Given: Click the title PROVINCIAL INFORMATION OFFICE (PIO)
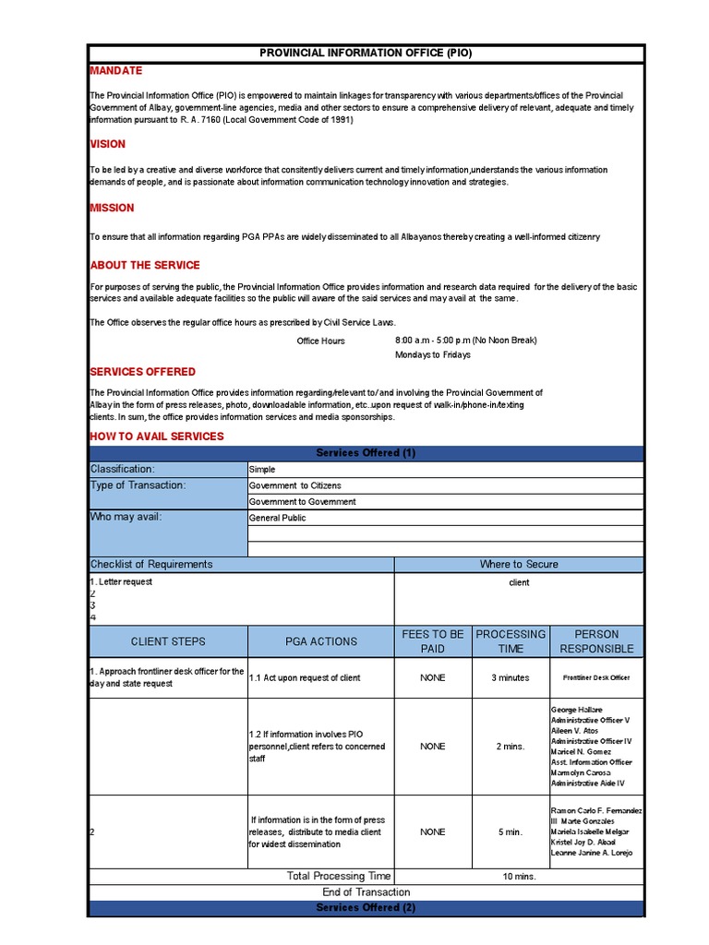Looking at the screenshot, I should click(x=366, y=53).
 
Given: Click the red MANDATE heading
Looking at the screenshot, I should click(x=115, y=71).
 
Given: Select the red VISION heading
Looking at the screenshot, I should click(x=107, y=144).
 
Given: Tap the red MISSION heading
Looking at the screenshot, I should click(x=112, y=208).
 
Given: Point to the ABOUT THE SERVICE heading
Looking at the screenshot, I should click(x=144, y=265).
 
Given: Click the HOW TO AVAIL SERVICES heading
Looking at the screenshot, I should click(x=156, y=436).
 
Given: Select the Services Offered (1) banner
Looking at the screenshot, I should click(x=366, y=453).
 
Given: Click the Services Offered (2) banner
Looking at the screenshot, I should click(x=366, y=908).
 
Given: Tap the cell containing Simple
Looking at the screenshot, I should click(x=262, y=470).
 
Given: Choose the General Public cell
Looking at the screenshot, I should click(x=277, y=518).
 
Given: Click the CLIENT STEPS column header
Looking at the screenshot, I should click(x=168, y=641).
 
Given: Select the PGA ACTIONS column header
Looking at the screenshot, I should click(x=320, y=641).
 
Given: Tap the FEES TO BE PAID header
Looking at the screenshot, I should click(x=432, y=641).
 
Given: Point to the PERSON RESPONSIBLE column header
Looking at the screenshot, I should click(x=596, y=641).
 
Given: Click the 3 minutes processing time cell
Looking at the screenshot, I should click(x=511, y=677).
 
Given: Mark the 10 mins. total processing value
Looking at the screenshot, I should click(x=519, y=876).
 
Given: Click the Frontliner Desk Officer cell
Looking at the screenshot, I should click(x=596, y=677).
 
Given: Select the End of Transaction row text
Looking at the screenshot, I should click(x=366, y=892).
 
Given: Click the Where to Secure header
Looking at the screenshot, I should click(x=519, y=564).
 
